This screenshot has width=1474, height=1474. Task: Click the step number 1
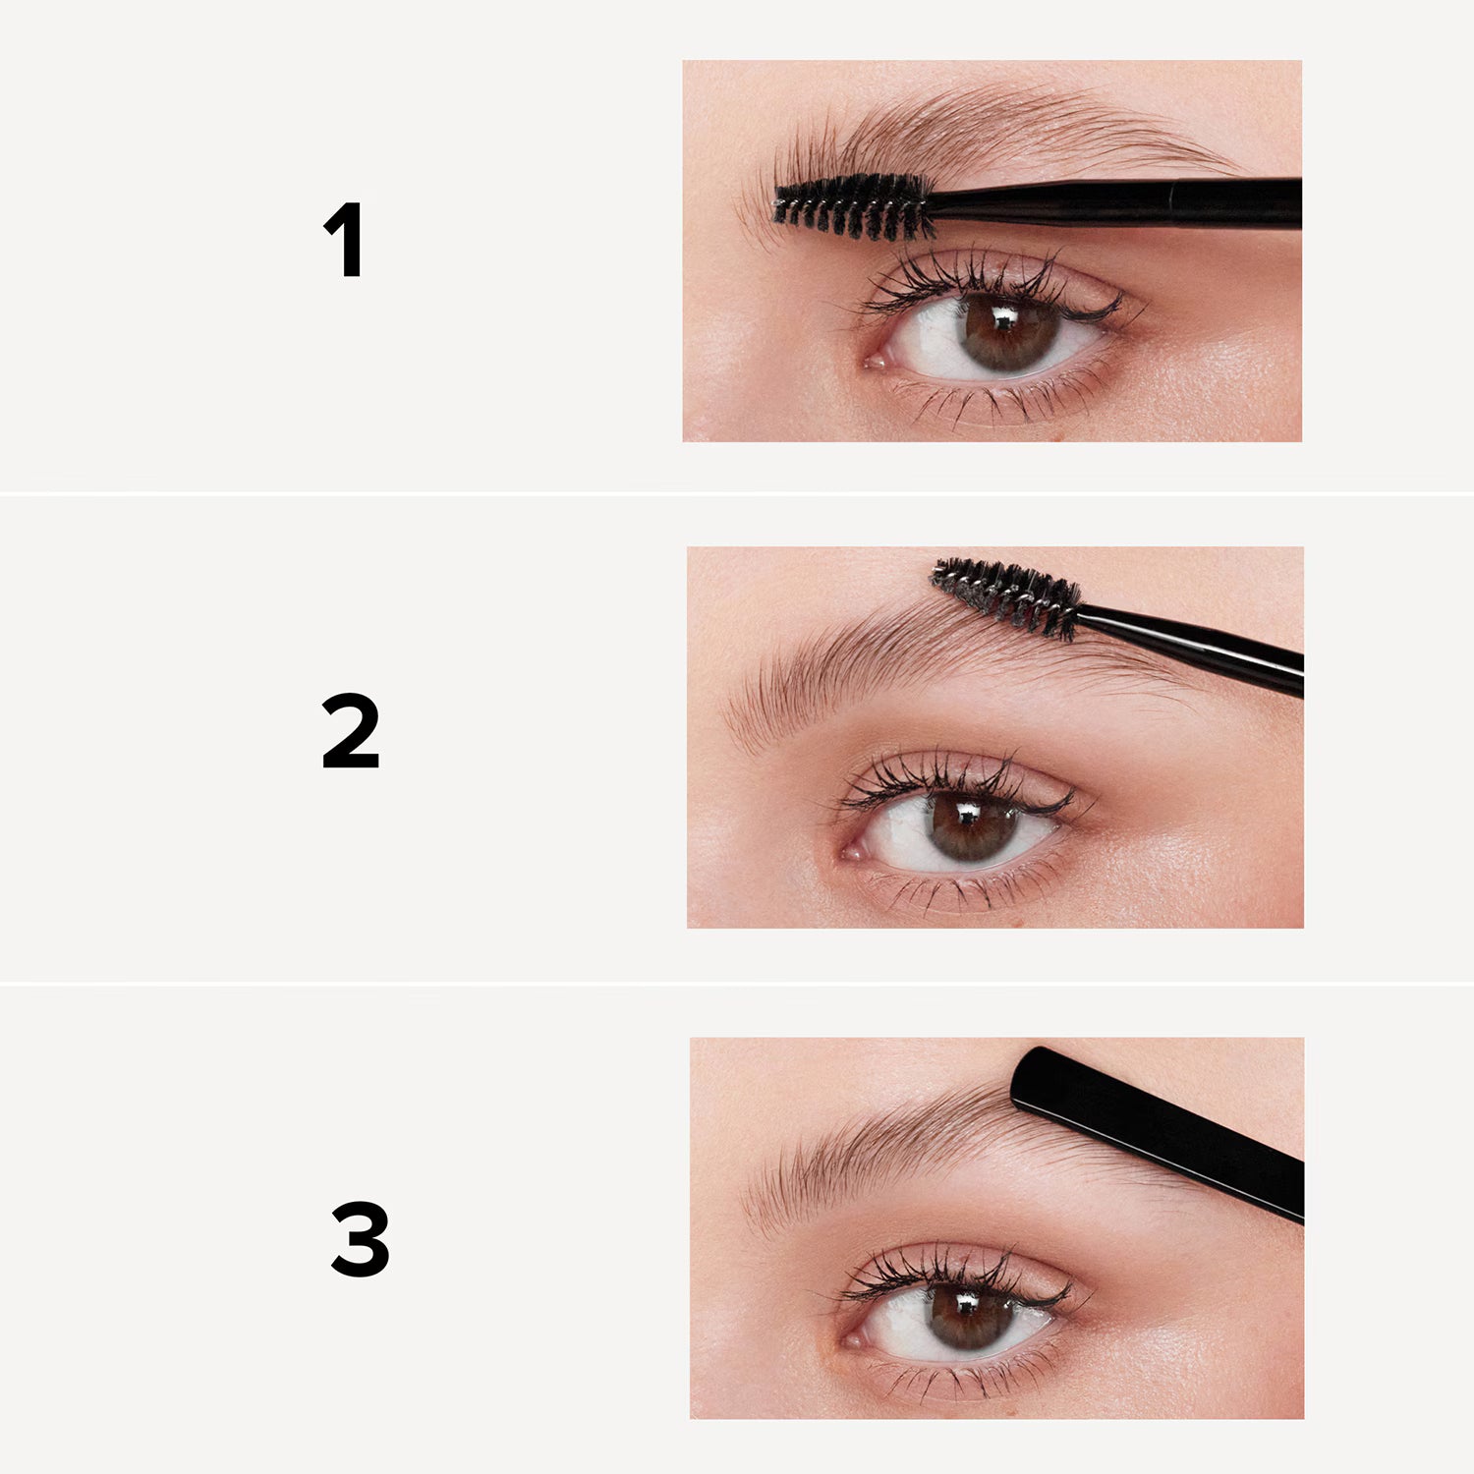(x=345, y=240)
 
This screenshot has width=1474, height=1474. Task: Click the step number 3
(x=360, y=1239)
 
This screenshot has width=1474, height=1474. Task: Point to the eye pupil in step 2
(x=963, y=823)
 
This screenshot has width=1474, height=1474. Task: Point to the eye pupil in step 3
(x=963, y=1315)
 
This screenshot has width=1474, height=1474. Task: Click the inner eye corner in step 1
(x=873, y=362)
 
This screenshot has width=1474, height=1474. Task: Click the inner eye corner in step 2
(x=851, y=852)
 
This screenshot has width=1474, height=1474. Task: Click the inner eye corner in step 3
(x=853, y=1338)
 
